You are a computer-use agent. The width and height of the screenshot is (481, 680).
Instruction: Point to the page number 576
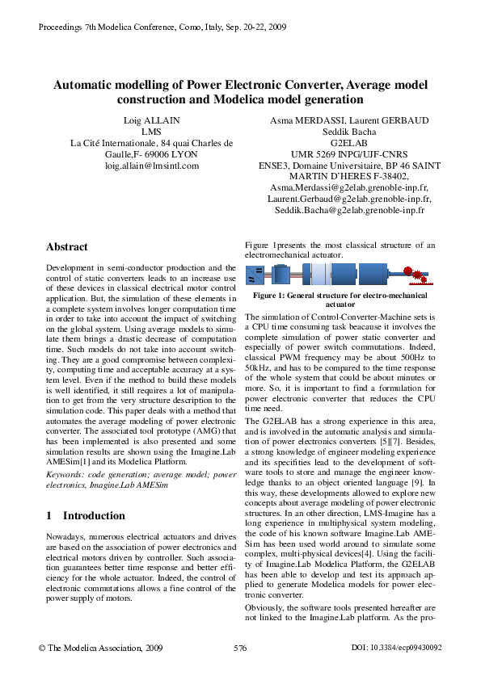point(239,648)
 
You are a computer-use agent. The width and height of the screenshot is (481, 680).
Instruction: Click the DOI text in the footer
point(398,648)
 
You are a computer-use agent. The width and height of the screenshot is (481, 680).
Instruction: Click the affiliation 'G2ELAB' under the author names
point(349,143)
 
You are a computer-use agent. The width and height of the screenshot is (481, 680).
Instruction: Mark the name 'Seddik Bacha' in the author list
point(349,132)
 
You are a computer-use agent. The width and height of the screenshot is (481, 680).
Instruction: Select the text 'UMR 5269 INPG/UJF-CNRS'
point(349,154)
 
